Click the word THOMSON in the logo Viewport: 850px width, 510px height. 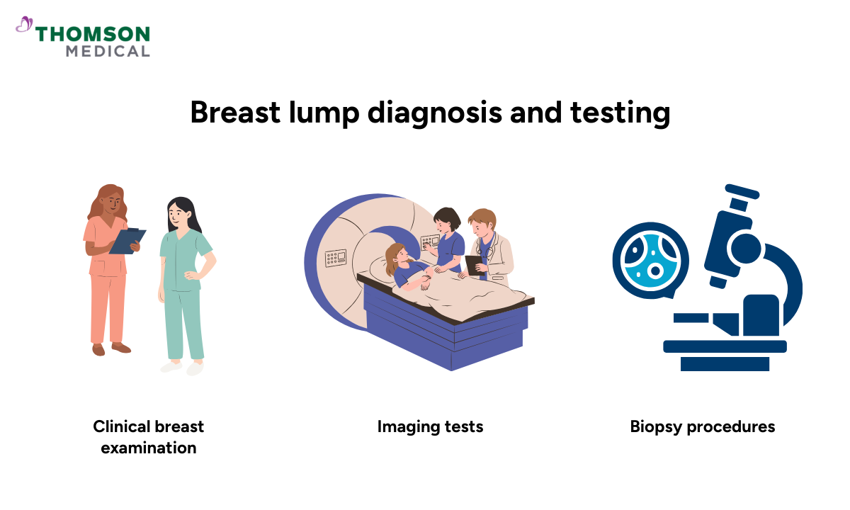[x=93, y=34]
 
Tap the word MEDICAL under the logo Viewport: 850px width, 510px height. [x=108, y=52]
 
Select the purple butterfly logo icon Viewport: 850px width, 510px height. [x=25, y=25]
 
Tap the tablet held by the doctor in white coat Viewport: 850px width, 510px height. [x=473, y=264]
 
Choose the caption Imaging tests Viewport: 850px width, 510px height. [x=430, y=426]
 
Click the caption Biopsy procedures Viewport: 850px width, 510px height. [x=703, y=426]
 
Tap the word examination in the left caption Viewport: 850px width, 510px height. [x=149, y=448]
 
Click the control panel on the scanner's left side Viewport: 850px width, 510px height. [x=335, y=256]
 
